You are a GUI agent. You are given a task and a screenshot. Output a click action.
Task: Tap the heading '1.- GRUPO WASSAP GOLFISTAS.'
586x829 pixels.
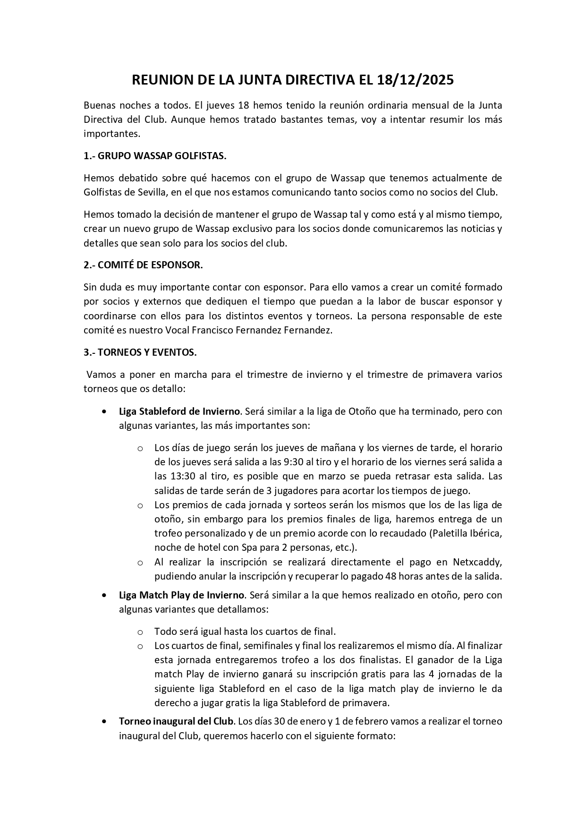(155, 156)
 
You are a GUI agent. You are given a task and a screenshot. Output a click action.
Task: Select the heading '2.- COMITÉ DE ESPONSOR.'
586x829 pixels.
(143, 265)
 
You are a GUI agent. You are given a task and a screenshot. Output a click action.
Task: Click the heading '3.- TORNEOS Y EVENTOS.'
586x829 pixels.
(140, 352)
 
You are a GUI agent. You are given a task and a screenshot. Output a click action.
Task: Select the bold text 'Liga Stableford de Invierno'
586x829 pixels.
(179, 411)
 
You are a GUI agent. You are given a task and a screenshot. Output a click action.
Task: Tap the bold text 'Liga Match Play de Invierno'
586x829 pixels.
(181, 595)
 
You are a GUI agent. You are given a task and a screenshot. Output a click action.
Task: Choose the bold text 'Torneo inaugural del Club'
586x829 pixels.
(176, 721)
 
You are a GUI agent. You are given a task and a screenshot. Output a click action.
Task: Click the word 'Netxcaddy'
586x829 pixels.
(477, 562)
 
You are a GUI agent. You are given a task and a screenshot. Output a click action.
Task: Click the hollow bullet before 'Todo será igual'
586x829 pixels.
(140, 632)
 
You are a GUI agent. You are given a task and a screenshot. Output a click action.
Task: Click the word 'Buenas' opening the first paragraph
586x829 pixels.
(99, 105)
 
